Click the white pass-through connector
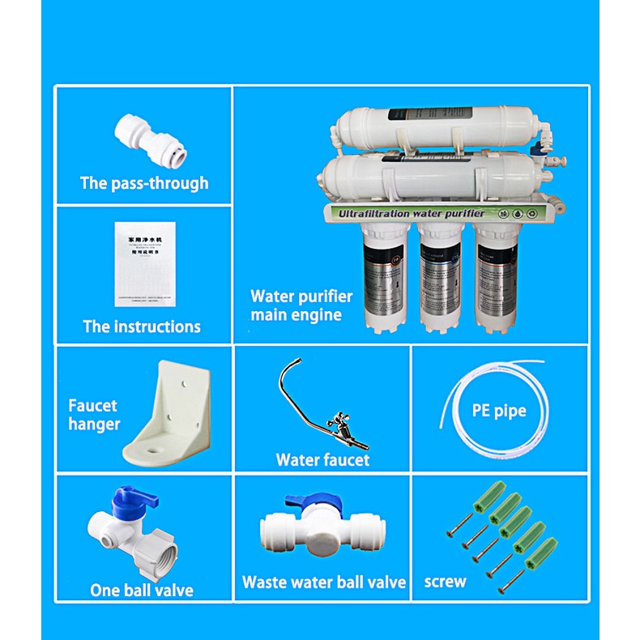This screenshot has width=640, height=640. click(x=143, y=134)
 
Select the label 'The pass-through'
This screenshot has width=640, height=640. click(x=144, y=183)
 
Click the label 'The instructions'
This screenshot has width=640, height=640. click(x=142, y=327)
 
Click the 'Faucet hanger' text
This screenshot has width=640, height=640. click(x=94, y=415)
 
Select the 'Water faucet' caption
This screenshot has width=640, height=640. click(x=322, y=460)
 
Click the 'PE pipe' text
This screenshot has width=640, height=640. click(x=499, y=411)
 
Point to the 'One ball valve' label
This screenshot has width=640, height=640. click(x=142, y=590)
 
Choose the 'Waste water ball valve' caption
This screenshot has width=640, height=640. click(x=324, y=582)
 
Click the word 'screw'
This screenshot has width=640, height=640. click(x=446, y=582)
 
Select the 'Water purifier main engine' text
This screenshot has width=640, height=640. click(x=301, y=305)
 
